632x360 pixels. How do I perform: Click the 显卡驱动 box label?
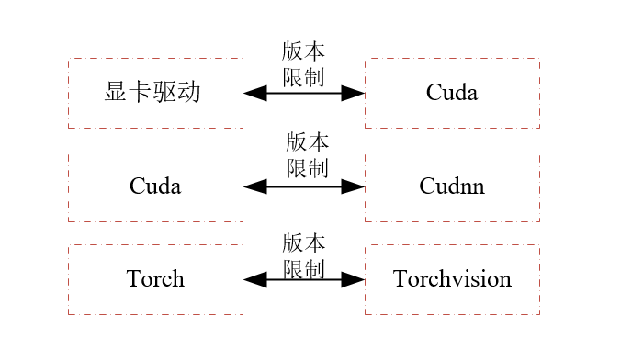153,93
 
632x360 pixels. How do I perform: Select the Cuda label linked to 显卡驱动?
452,93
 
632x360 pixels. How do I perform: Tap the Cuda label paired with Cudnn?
155,186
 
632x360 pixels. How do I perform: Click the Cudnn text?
452,186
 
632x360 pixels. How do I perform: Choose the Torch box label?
155,279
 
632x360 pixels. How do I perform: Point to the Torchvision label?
452,279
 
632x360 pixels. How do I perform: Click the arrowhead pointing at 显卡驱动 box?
255,93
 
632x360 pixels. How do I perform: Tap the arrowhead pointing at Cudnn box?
354,186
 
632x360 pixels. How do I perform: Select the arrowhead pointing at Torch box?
255,279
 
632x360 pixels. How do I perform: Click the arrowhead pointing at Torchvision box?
354,279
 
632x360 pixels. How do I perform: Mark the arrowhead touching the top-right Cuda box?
354,93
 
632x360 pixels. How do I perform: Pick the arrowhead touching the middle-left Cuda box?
255,186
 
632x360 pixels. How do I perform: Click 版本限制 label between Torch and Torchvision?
304,256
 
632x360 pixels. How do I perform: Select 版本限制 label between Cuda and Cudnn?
307,155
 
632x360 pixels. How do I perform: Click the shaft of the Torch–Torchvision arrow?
304,279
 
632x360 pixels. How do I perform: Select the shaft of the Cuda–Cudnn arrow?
304,186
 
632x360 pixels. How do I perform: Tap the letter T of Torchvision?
400,279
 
